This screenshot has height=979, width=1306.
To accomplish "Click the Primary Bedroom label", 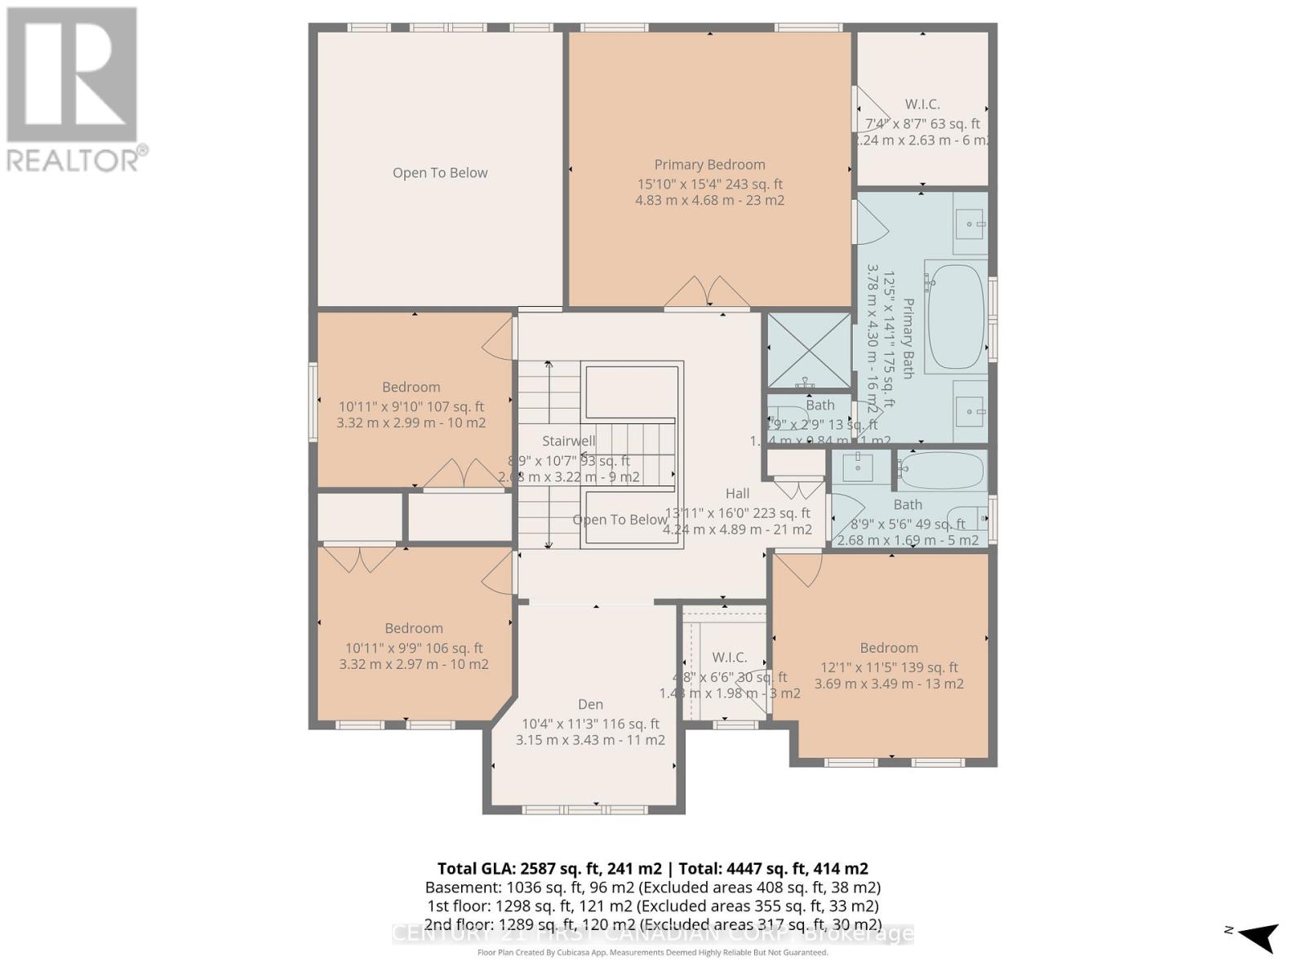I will click(x=709, y=165).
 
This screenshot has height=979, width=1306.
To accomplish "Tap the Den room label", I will click(x=590, y=704).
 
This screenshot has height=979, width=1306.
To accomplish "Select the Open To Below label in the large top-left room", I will click(x=440, y=173).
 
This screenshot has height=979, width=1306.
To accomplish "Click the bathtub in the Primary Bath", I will click(x=955, y=317).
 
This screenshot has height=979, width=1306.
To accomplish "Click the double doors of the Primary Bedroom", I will click(x=707, y=292).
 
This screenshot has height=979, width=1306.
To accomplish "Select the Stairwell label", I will click(x=569, y=441).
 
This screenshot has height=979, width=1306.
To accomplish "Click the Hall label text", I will click(x=737, y=494).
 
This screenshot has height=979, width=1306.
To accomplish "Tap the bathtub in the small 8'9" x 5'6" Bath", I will click(x=943, y=471).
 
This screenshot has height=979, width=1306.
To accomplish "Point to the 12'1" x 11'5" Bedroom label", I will click(x=889, y=648).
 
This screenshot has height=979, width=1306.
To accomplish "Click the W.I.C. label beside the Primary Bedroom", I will click(x=922, y=104).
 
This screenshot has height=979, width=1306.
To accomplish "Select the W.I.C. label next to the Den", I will click(x=729, y=658).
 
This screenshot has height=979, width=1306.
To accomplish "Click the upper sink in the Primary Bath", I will click(x=970, y=223).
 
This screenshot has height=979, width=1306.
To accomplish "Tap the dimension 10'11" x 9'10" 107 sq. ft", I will click(x=411, y=406).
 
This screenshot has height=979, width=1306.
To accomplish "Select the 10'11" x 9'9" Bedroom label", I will click(x=414, y=628).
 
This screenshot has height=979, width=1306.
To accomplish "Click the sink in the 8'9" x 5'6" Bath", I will click(x=857, y=467).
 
